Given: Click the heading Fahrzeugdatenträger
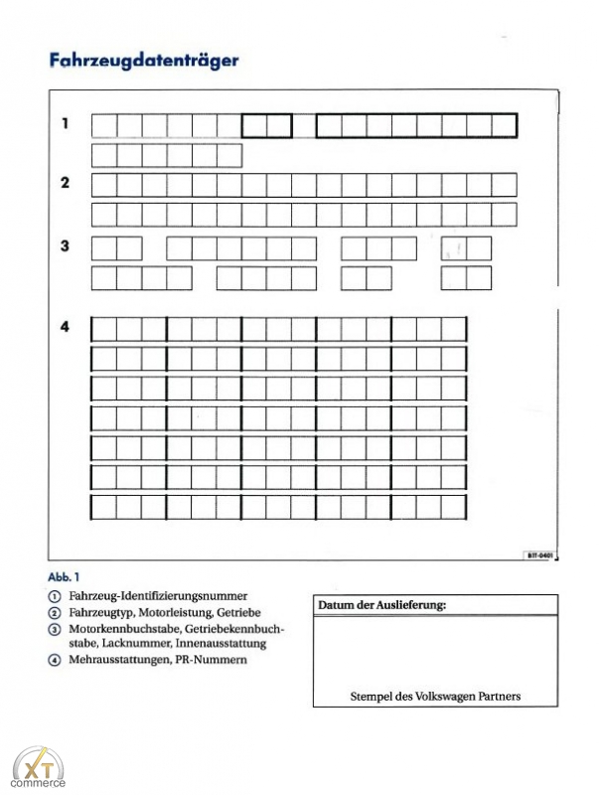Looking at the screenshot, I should [144, 60].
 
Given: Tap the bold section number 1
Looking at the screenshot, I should [66, 124].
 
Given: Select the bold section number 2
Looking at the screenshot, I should [66, 183].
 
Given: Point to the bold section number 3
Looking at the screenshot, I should [66, 245].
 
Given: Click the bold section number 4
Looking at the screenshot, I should [66, 327].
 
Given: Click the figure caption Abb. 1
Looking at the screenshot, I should [64, 576].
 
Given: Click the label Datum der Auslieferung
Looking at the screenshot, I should [381, 605].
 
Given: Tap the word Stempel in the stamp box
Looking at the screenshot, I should [373, 696].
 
